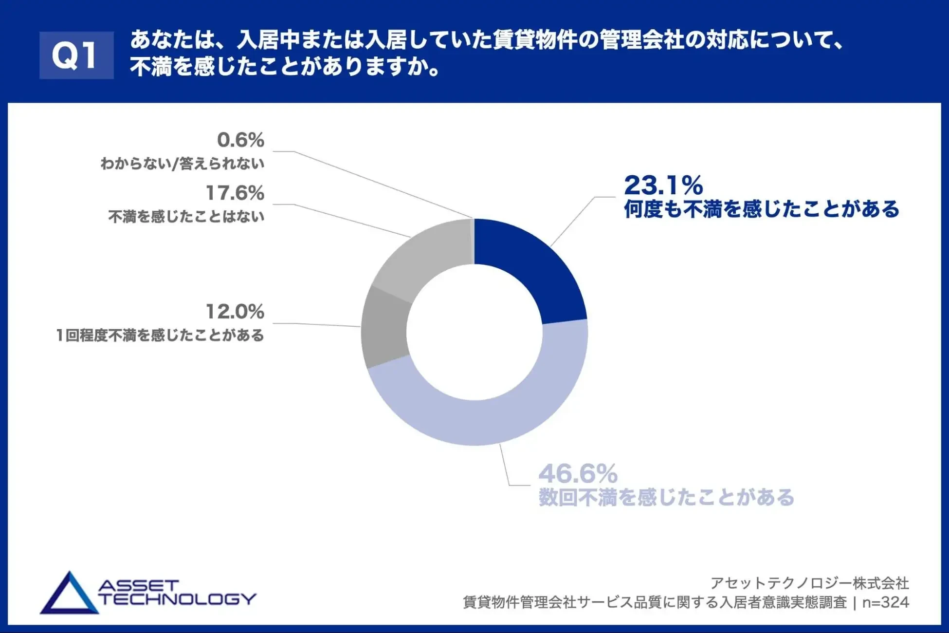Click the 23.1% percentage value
663,186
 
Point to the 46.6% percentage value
578,473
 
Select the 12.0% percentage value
235,312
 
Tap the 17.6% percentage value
235,193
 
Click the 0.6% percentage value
240,140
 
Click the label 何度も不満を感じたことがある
762,209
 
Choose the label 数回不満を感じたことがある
666,498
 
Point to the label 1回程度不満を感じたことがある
160,335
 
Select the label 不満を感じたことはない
186,217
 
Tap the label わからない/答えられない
182,164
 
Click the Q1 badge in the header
76,55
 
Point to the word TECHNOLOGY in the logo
178,599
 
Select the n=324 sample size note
885,603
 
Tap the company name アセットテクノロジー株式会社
809,583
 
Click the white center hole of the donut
474,332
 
